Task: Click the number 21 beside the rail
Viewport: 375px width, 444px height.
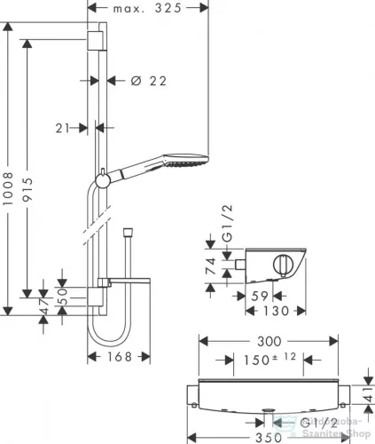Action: coord(62,129)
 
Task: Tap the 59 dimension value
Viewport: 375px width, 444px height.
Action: coord(259,297)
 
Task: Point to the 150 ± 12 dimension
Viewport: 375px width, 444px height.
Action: coord(267,359)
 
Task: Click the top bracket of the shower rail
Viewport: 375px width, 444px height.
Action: coord(93,42)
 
